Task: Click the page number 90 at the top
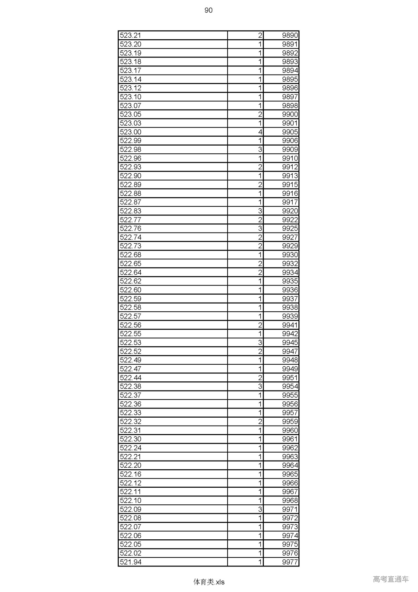click(x=208, y=10)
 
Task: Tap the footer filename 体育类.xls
click(x=209, y=582)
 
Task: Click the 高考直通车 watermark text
click(x=391, y=579)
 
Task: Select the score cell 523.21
click(x=131, y=35)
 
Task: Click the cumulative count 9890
click(x=290, y=35)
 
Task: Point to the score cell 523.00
click(x=131, y=132)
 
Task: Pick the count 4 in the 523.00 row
click(x=260, y=132)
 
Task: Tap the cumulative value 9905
click(x=290, y=132)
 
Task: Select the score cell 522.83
click(x=131, y=211)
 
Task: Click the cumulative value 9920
click(x=290, y=211)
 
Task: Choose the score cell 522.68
click(x=131, y=255)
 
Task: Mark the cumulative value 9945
click(x=290, y=342)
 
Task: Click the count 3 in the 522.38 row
click(x=260, y=386)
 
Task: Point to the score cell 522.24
click(x=131, y=448)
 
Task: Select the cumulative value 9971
click(x=290, y=509)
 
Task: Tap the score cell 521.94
click(x=131, y=562)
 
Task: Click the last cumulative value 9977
click(x=290, y=562)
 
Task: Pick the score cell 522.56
click(x=131, y=325)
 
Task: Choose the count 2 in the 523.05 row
click(x=260, y=114)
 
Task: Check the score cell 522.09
click(x=131, y=509)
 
